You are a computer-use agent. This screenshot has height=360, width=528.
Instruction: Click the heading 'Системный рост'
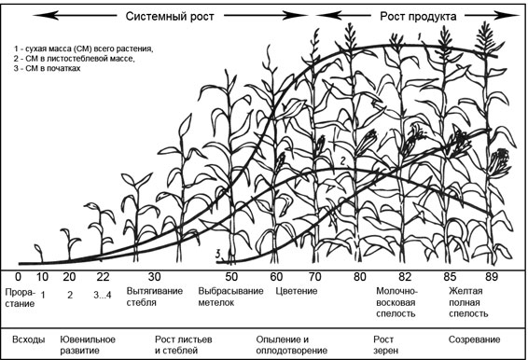click(x=170, y=16)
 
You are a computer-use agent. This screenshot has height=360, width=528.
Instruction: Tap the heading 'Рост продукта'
click(x=418, y=16)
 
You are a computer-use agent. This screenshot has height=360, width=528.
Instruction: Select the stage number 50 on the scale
click(x=231, y=277)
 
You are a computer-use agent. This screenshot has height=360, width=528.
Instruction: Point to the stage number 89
click(x=492, y=277)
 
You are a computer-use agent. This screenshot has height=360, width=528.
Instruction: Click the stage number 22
click(x=103, y=277)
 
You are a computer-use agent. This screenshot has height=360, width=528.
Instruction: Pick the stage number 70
click(x=315, y=277)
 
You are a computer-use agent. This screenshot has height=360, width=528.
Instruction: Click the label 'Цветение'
click(x=297, y=291)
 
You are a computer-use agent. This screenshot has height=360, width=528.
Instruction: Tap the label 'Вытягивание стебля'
click(x=155, y=297)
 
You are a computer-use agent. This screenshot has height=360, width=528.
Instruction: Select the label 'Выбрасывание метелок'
click(x=230, y=297)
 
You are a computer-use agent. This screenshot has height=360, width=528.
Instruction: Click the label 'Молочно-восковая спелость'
click(x=396, y=302)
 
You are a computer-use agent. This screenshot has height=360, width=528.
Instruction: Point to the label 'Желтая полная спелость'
click(x=468, y=302)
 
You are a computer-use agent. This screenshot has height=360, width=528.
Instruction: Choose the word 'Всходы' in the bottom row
click(x=29, y=339)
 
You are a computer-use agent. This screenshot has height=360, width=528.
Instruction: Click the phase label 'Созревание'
click(x=474, y=339)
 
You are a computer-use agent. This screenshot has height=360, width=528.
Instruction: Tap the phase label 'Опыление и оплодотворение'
click(x=292, y=345)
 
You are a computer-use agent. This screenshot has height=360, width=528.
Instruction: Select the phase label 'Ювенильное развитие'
click(x=88, y=345)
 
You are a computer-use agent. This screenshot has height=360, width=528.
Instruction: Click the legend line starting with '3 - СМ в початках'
click(x=48, y=68)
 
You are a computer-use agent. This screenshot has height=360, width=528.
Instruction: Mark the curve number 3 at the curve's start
click(x=218, y=254)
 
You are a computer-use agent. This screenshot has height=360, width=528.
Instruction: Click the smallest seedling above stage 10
click(x=39, y=254)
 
